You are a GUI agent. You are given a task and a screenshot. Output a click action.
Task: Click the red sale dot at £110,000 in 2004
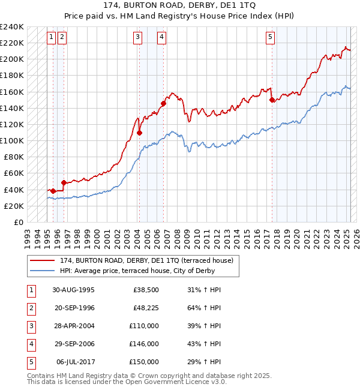139,133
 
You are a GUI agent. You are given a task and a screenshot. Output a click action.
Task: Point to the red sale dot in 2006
163,103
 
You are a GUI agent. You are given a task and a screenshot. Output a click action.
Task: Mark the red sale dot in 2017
272,100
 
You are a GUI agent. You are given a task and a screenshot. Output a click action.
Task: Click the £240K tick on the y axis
12,27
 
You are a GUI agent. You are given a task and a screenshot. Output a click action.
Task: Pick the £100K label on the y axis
12,140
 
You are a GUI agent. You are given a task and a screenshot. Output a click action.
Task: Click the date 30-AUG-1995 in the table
74,290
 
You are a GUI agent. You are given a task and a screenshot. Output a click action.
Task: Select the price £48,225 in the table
144,308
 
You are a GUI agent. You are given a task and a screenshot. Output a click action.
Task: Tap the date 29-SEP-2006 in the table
74,344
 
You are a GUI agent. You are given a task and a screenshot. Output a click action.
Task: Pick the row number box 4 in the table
31,344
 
